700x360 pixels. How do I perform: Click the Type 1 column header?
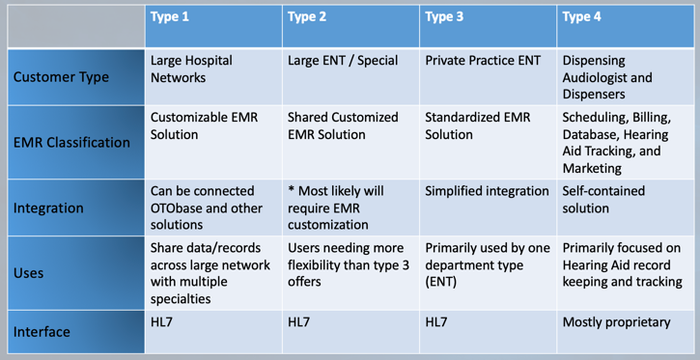171,18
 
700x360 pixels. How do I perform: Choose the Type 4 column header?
583,18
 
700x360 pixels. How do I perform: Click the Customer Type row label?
61,76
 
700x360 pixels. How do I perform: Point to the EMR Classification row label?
71,142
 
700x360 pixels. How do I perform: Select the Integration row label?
48,208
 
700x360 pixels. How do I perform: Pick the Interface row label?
42,332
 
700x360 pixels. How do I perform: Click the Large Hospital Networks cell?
193,69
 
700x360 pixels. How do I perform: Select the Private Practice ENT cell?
483,60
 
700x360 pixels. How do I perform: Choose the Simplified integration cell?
487,191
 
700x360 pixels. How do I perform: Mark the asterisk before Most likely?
292,189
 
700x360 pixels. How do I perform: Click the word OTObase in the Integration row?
180,208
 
